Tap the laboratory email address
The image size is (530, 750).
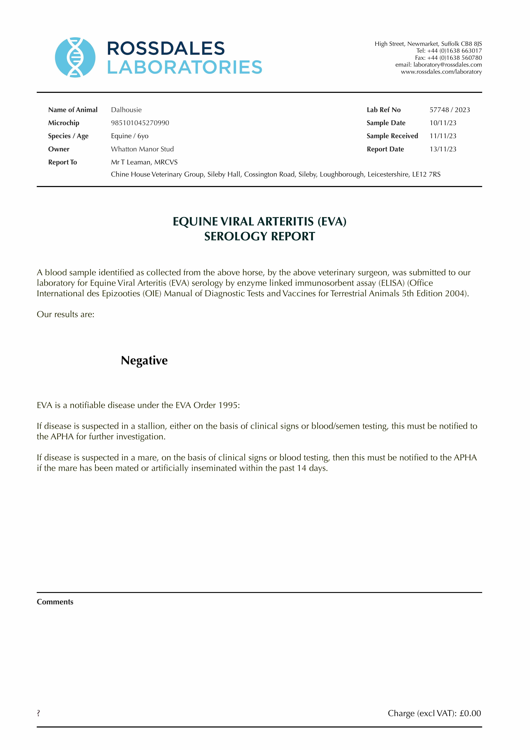pyautogui.click(x=447, y=65)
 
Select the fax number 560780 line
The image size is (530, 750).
pyautogui.click(x=448, y=58)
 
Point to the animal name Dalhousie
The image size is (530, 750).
pyautogui.click(x=126, y=110)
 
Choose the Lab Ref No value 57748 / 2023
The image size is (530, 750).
pyautogui.click(x=450, y=110)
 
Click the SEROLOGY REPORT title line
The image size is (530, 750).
pyautogui.click(x=259, y=236)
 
